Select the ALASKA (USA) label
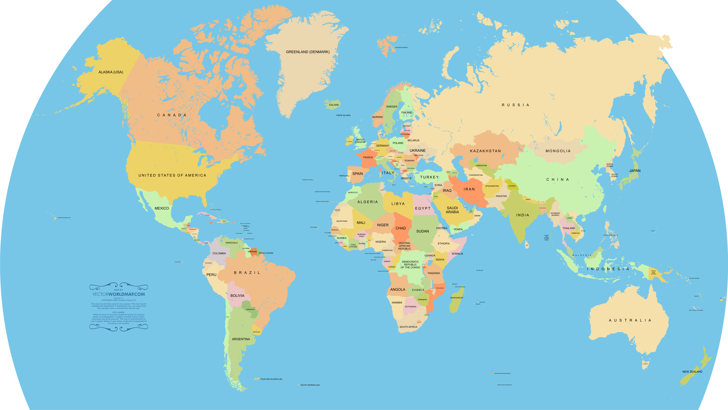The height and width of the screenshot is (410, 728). pyautogui.click(x=111, y=72)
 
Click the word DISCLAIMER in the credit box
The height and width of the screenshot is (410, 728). pyautogui.click(x=118, y=312)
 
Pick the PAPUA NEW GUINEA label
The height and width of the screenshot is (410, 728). pyautogui.click(x=653, y=272)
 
